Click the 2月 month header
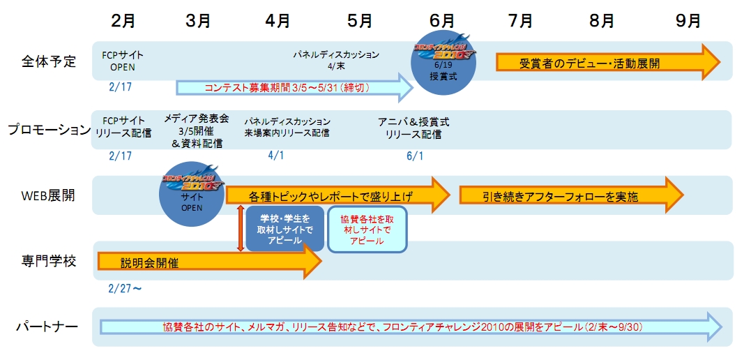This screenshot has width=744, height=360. pos(123,20)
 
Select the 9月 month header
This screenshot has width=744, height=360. pos(688,20)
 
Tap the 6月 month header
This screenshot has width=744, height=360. pos(441,20)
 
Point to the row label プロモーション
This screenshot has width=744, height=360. pos(50,129)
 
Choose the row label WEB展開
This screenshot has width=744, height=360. pos(50,195)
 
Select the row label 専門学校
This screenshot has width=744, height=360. pos(49,260)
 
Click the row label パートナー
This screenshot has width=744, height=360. pos(49,326)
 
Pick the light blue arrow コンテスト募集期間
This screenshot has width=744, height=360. pos(293,88)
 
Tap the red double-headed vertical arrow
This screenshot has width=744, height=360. pos(241,227)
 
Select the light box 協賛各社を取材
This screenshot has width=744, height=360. pos(367,228)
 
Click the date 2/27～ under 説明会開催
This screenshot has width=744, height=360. pos(126,288)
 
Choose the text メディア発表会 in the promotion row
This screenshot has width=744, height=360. pos(197,119)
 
